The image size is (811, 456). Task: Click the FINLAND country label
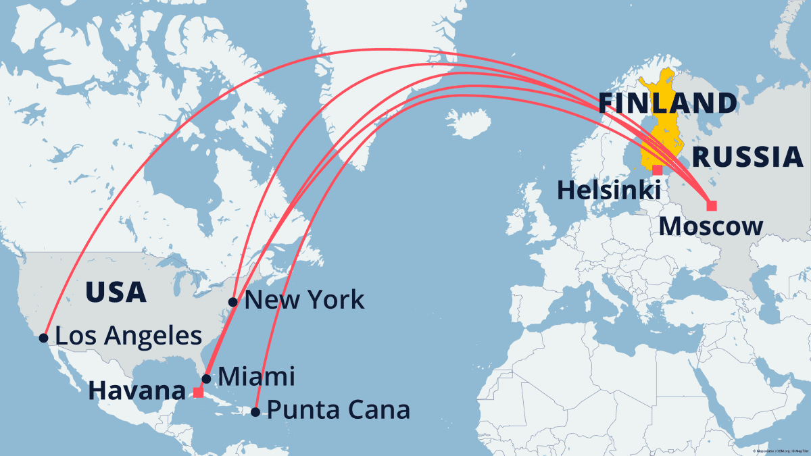667,103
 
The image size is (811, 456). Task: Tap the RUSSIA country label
748,157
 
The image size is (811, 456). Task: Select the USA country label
116,293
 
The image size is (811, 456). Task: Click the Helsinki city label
608,190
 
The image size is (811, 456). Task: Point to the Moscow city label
711,226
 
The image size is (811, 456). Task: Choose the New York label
304,300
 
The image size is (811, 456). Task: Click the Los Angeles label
128,336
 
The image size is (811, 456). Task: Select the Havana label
137,390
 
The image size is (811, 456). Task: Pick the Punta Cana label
338,410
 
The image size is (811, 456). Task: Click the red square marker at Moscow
711,205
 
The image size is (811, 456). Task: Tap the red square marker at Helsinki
657,170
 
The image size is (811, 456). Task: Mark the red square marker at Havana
198,392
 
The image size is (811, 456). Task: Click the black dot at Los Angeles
44,337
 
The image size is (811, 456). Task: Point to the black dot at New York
233,301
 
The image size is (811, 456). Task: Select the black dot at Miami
207,378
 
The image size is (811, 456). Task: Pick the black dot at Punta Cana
255,411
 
